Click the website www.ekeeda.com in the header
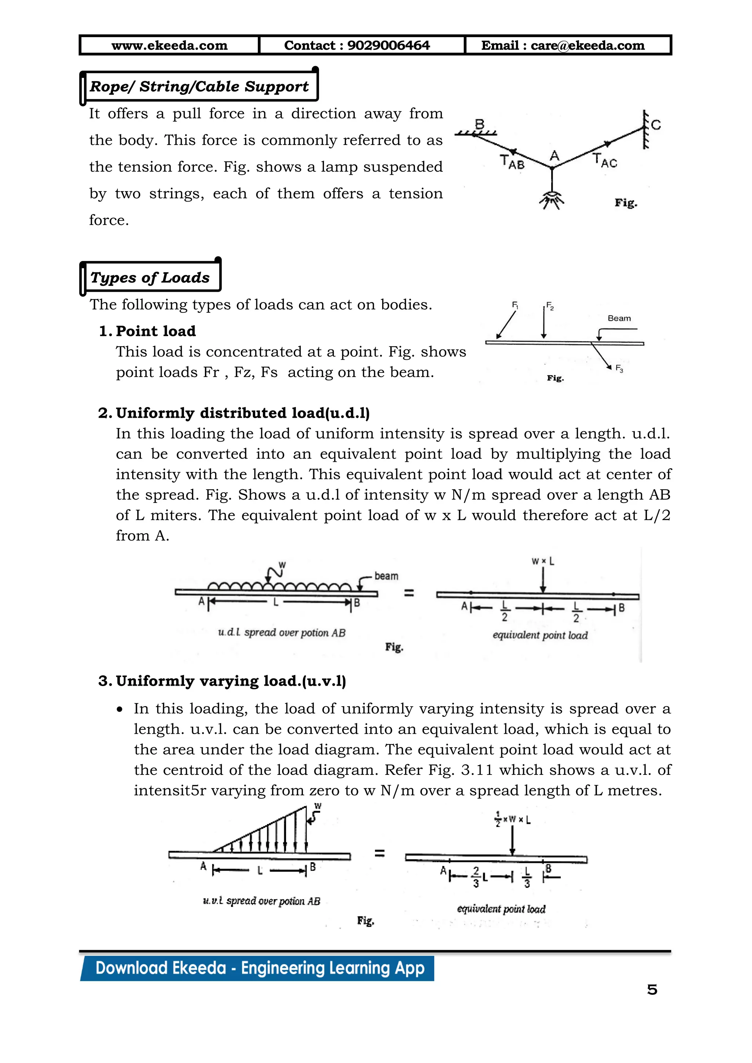(x=170, y=46)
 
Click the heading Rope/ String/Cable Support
(x=199, y=87)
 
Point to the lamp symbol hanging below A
(x=552, y=199)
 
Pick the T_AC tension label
(x=605, y=161)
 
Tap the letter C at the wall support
(x=656, y=125)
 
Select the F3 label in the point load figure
(x=619, y=369)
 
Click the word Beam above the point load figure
(x=619, y=318)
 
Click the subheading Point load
(x=156, y=331)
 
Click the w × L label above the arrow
(x=543, y=561)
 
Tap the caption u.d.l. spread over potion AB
(x=282, y=632)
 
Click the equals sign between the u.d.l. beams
(x=409, y=592)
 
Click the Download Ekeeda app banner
(x=259, y=969)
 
